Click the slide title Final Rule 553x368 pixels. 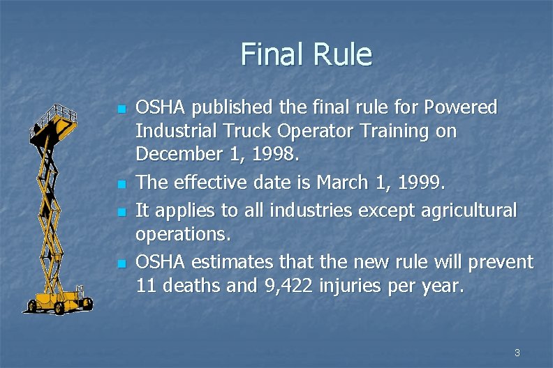(306, 54)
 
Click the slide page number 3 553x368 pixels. (517, 353)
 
